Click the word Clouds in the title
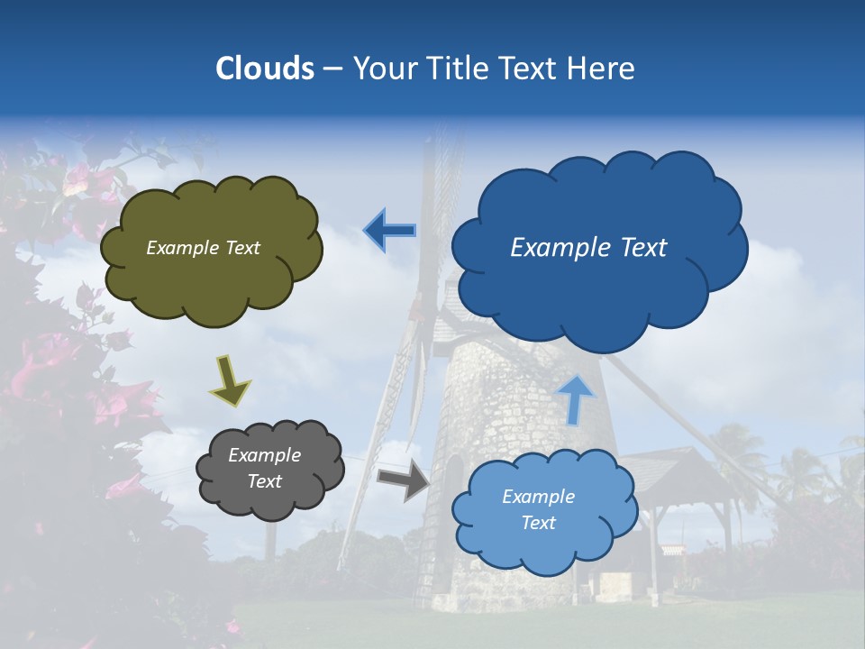click(x=265, y=69)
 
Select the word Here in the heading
click(x=600, y=69)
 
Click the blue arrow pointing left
click(x=389, y=231)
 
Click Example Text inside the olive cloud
click(x=203, y=248)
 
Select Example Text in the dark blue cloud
click(x=588, y=248)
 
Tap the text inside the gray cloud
click(x=264, y=469)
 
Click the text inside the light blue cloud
click(x=538, y=509)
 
